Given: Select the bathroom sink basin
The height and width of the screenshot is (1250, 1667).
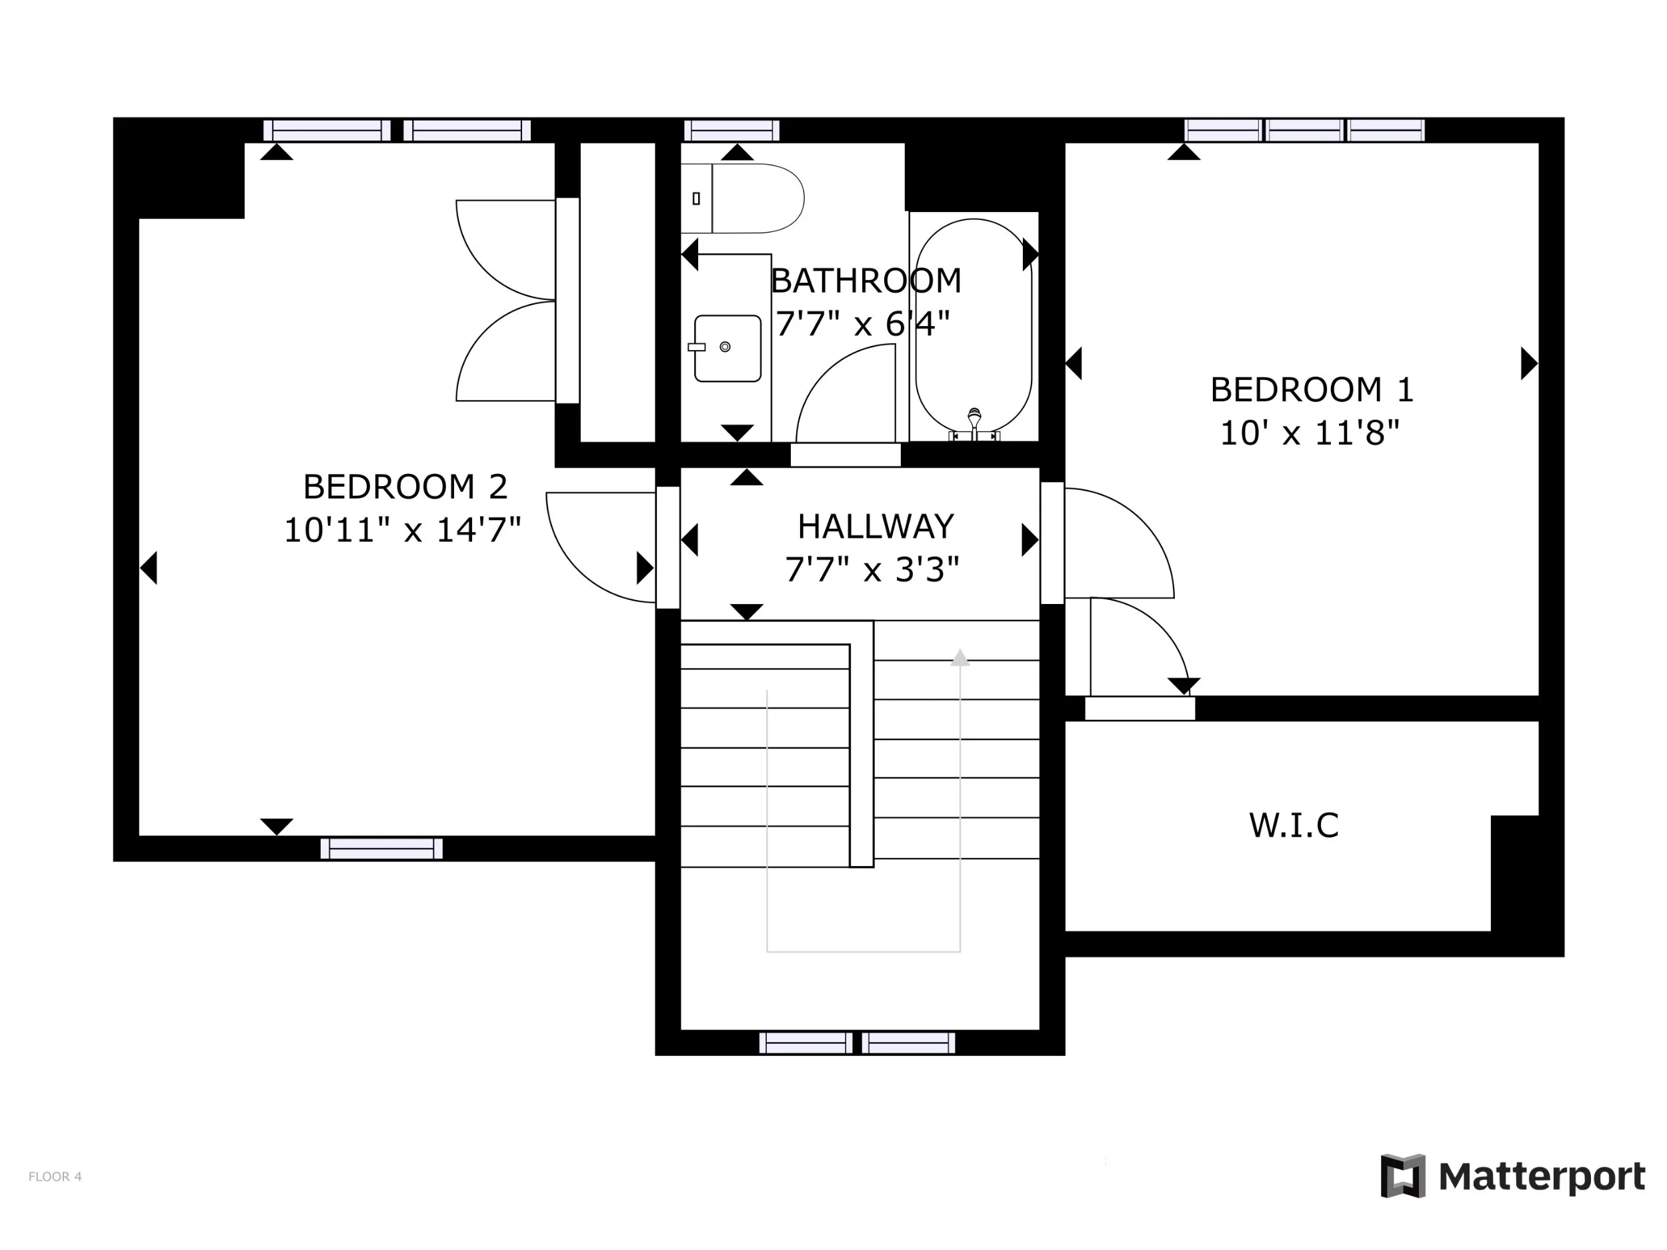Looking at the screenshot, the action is [727, 348].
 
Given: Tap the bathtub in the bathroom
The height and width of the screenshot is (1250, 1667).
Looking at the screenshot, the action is [974, 325].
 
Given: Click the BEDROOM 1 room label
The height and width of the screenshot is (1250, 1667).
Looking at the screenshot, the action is [1312, 389].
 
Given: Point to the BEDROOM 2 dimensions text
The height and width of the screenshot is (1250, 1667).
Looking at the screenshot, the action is [403, 530].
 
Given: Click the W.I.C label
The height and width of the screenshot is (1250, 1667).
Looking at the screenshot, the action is [1294, 825].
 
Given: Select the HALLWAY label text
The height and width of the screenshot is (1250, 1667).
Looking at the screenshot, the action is [876, 526].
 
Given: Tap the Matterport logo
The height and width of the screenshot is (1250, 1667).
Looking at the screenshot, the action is [1512, 1175].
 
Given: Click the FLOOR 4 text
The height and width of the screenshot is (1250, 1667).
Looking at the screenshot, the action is [55, 1176].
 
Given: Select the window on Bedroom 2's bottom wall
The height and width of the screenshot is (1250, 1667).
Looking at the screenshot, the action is [381, 849].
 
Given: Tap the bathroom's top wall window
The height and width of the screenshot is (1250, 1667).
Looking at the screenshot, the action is [731, 131].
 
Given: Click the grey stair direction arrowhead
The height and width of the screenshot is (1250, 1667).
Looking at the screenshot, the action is [960, 657].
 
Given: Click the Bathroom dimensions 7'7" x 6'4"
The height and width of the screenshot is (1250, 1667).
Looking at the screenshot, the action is [863, 324].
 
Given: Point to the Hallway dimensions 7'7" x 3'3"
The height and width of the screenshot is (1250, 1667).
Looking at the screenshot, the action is [872, 569].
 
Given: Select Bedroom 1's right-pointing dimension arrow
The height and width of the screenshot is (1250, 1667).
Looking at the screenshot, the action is [1529, 363].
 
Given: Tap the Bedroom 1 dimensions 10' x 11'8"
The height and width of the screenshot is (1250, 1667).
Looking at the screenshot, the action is [1310, 433].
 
